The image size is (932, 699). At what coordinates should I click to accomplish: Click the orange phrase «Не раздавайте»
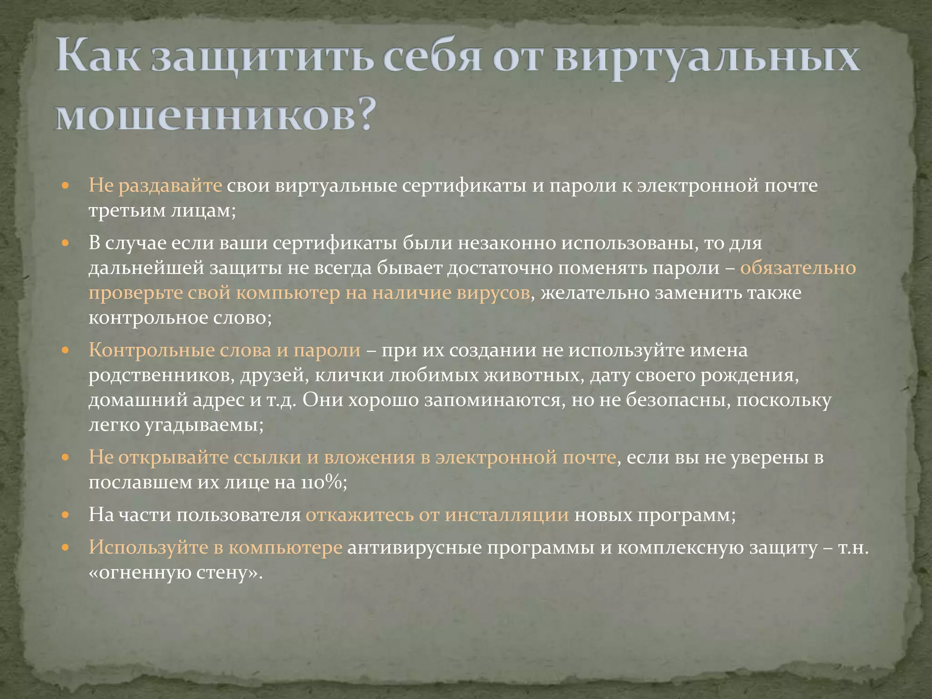coord(155,186)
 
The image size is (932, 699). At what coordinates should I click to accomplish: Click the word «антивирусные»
coord(415,547)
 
